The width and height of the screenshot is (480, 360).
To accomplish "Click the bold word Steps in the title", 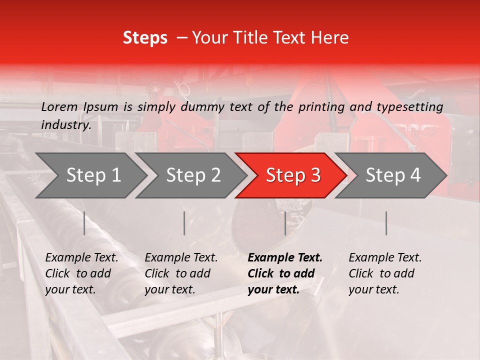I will tap(145, 38).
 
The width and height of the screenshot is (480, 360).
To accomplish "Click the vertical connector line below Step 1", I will tap(84, 223).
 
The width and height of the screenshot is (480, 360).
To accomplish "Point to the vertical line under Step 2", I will tap(184, 223).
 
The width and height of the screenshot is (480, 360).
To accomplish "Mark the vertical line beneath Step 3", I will tap(285, 223).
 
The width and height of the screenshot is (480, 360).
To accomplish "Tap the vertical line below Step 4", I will tap(386, 223).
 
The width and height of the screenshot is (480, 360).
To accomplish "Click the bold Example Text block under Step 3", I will tap(285, 273).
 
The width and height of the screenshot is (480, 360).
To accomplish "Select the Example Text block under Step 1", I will tap(81, 273).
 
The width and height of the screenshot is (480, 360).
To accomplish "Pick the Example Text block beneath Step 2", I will tap(181, 273).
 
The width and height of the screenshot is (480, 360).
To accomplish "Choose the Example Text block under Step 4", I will tap(385, 273).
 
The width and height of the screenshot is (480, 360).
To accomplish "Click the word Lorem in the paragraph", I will tap(59, 106).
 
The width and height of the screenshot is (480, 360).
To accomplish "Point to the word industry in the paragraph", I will tap(66, 124).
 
